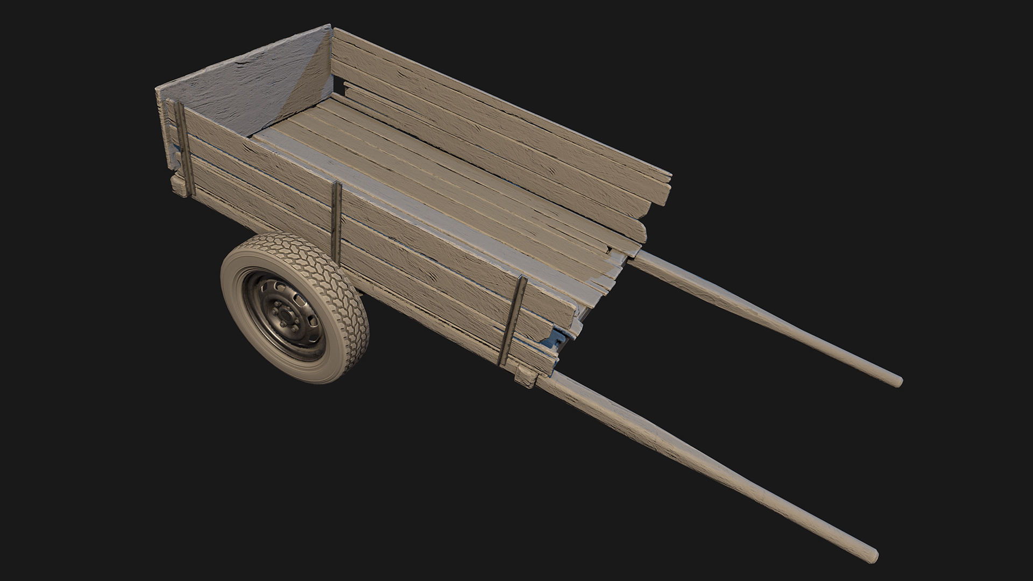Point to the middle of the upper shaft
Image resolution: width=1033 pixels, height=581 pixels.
pos(764,317)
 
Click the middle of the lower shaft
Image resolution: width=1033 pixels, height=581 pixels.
pos(699,463)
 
